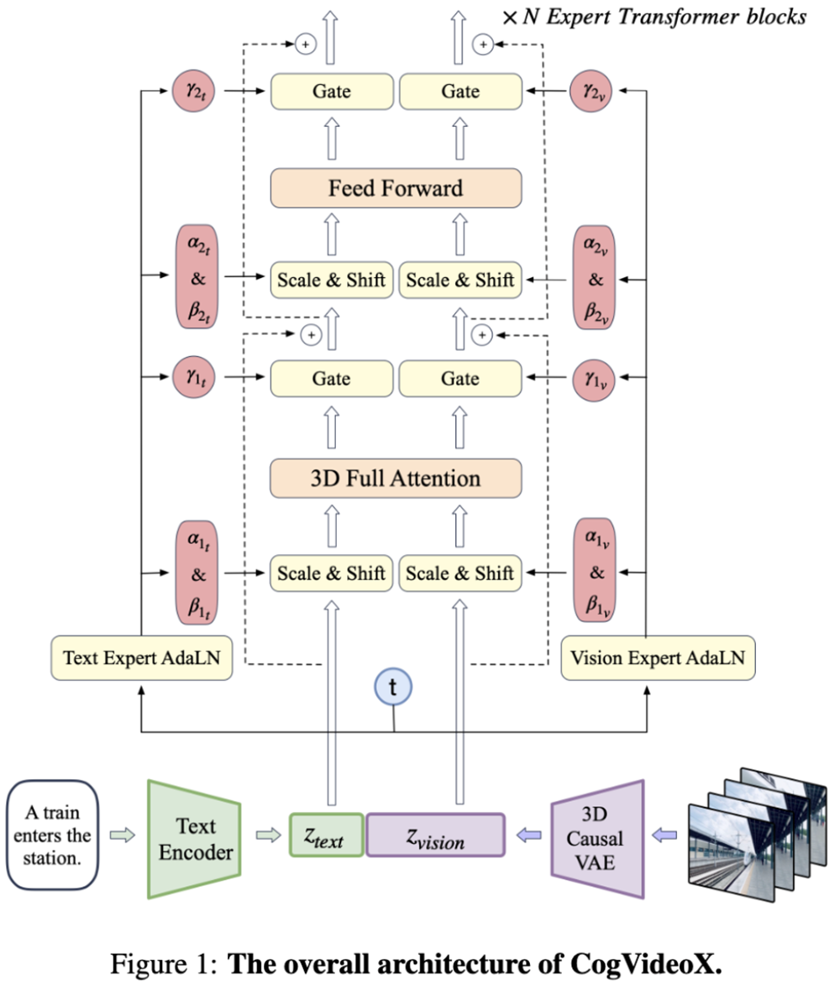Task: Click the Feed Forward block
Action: (x=396, y=188)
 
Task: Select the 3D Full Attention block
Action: (x=396, y=479)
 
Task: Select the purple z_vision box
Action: (x=435, y=835)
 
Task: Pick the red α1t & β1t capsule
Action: (x=198, y=574)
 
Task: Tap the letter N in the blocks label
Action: (x=530, y=17)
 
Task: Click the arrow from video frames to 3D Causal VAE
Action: (x=667, y=834)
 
